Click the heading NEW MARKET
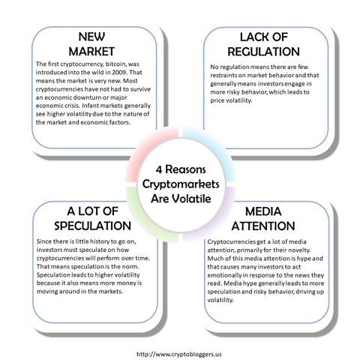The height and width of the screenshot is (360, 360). click(x=91, y=44)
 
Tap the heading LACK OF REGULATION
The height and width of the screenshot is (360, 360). click(x=263, y=44)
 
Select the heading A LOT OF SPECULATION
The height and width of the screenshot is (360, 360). click(x=92, y=218)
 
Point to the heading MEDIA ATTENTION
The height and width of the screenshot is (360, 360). click(x=263, y=219)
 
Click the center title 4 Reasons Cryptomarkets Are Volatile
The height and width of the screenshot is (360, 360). click(x=181, y=184)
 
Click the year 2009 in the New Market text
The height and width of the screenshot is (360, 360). click(x=119, y=73)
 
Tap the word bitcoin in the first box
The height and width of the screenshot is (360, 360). click(x=115, y=64)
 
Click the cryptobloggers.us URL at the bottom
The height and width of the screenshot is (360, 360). click(x=179, y=354)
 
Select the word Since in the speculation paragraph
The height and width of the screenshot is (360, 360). click(x=43, y=241)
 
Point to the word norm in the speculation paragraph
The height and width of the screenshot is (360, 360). click(x=130, y=266)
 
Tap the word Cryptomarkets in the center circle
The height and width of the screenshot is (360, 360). click(x=181, y=184)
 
